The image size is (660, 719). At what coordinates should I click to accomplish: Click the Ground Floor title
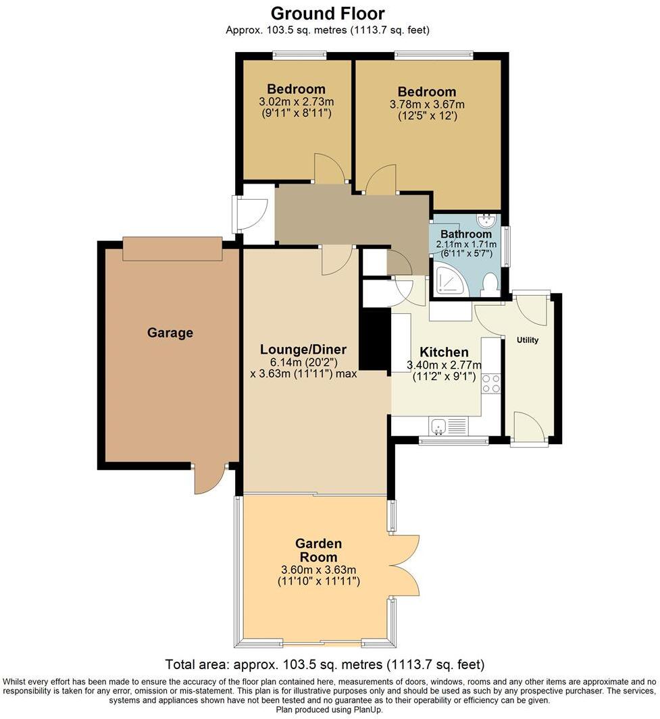(x=328, y=13)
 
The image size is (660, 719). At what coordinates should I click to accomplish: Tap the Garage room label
(x=170, y=333)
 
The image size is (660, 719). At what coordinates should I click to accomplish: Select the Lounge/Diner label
(x=303, y=350)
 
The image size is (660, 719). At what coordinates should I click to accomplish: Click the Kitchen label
(x=444, y=352)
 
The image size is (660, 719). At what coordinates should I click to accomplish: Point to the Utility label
(x=528, y=340)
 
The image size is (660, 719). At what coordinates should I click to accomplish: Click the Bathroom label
(x=466, y=235)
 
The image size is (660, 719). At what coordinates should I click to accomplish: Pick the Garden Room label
(x=318, y=550)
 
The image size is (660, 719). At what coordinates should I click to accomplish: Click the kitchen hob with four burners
(x=491, y=383)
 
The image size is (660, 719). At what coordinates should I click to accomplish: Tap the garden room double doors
(x=405, y=564)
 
